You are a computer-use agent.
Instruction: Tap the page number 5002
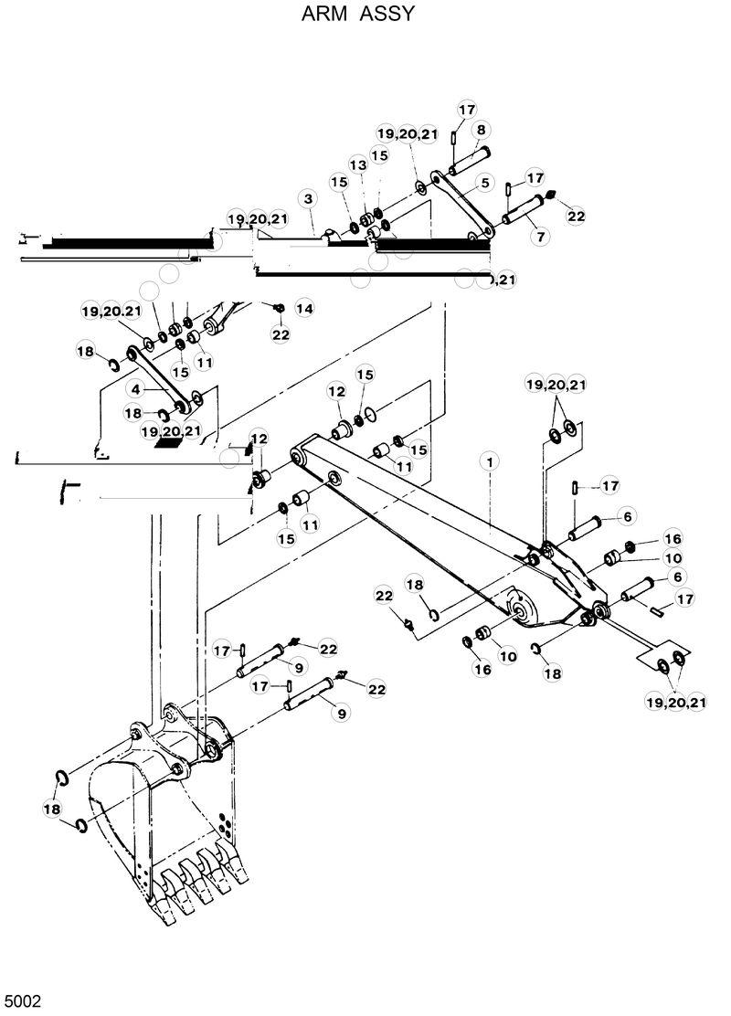tap(22, 1002)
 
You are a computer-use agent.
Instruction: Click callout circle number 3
tap(309, 198)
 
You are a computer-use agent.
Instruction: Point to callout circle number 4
tap(135, 388)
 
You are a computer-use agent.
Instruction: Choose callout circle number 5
tap(484, 181)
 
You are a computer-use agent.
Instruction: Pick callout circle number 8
tap(480, 130)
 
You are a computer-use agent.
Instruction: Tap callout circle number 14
tap(303, 310)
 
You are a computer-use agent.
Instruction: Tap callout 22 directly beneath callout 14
tap(280, 334)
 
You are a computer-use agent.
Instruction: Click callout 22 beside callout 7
tap(576, 217)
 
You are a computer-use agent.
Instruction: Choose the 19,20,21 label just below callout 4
tap(171, 430)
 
